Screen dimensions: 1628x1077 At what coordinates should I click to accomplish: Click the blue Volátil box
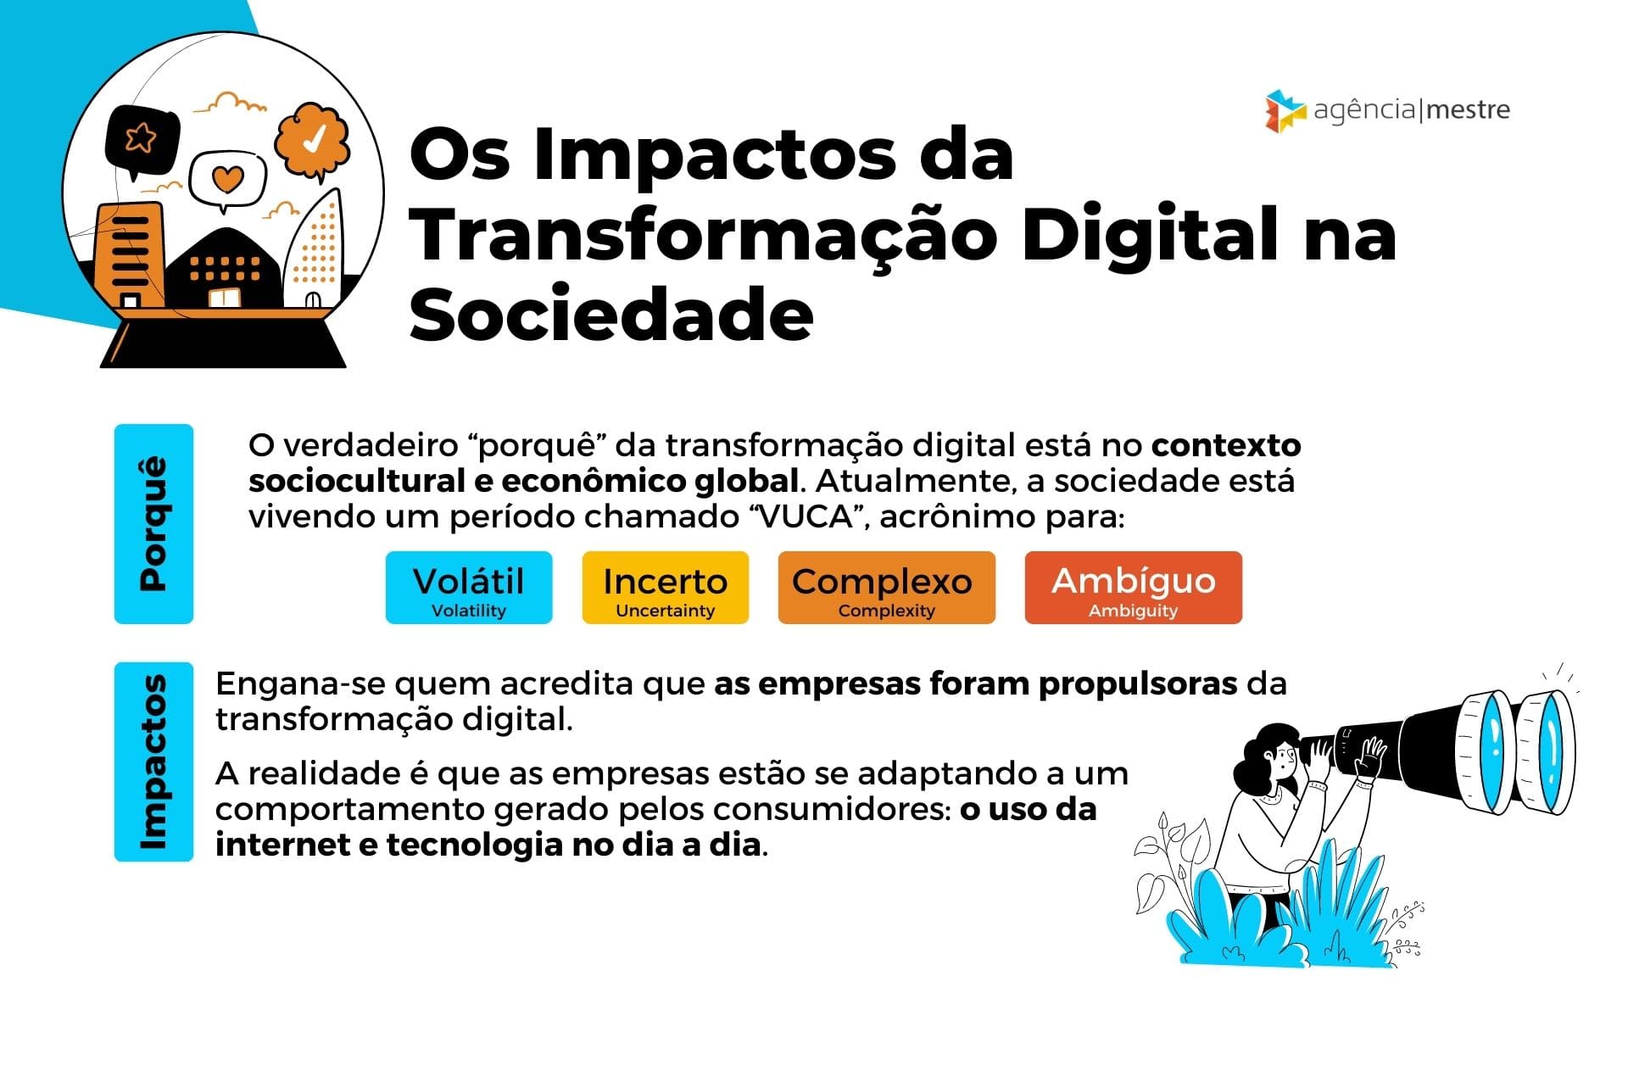click(x=469, y=588)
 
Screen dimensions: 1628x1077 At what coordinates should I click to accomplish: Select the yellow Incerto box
click(x=666, y=588)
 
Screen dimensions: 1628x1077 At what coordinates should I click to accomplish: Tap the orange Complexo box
click(x=887, y=588)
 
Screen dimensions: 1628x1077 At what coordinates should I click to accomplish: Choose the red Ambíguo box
click(x=1134, y=588)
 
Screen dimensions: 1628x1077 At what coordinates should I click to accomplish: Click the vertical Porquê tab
click(x=153, y=524)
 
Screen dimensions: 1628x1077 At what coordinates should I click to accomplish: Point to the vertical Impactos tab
click(x=153, y=762)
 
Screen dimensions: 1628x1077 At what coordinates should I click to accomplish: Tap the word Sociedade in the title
click(x=611, y=315)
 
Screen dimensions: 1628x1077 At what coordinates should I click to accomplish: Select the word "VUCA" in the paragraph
click(x=810, y=516)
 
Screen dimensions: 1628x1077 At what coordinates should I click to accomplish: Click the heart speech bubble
click(x=227, y=181)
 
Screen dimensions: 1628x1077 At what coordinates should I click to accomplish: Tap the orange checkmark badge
click(x=313, y=141)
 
